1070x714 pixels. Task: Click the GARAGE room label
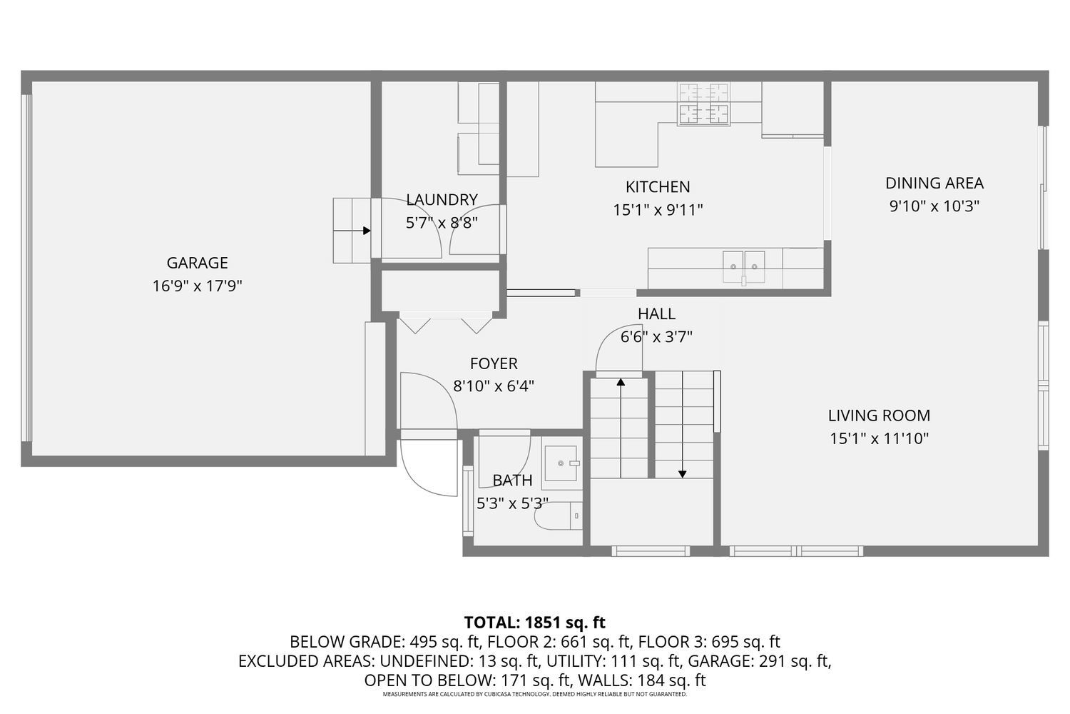point(198,263)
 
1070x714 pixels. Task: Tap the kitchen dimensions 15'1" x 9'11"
point(658,210)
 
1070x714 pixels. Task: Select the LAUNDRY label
point(442,199)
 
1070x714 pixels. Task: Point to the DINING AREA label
point(934,183)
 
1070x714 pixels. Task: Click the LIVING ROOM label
point(879,416)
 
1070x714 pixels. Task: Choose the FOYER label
point(494,363)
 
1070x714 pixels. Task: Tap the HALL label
point(656,313)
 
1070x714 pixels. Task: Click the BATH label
point(512,480)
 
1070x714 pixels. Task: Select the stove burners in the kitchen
point(703,104)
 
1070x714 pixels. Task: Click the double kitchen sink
point(744,267)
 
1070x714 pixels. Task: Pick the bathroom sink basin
point(561,463)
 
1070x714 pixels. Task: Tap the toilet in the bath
point(558,516)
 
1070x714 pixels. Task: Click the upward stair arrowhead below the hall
point(621,382)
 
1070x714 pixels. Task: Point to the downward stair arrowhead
point(682,474)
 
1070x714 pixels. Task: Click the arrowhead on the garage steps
point(367,231)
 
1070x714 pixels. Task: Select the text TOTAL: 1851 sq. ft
point(534,623)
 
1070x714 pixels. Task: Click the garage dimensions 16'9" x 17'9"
point(198,286)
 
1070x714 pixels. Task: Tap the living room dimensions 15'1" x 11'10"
point(879,438)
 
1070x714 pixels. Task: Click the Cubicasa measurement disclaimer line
point(534,695)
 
